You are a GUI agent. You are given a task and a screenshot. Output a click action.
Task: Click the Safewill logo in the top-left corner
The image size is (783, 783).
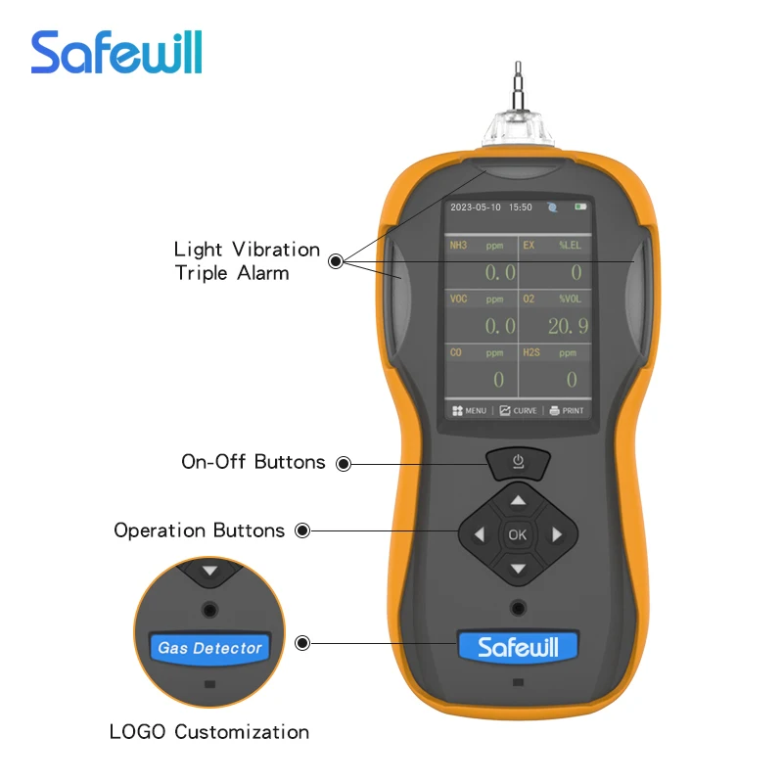tap(116, 53)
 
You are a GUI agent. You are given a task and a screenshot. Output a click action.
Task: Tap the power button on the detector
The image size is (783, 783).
tap(519, 463)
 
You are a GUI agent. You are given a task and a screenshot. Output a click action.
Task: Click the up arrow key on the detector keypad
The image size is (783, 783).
tap(519, 500)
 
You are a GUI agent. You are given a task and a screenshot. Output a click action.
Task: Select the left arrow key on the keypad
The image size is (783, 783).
tap(480, 534)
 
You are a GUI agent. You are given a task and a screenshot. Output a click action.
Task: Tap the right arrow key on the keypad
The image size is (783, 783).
tap(557, 534)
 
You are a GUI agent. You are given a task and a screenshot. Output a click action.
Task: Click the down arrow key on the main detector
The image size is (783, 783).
tap(519, 569)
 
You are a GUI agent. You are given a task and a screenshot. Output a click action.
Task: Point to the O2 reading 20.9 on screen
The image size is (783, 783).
tap(569, 327)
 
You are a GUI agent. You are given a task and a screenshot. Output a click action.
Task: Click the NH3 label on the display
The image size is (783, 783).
tap(458, 246)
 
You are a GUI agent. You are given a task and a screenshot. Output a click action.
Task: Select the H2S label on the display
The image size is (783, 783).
tap(531, 352)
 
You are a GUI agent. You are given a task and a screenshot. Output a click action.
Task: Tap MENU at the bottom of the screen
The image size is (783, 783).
tap(469, 410)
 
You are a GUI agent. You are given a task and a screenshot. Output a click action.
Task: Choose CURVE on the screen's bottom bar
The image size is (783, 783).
tap(519, 410)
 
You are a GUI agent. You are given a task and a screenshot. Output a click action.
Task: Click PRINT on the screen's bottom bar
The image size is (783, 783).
tap(567, 410)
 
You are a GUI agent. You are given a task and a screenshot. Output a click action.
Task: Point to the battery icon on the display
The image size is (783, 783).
tap(580, 207)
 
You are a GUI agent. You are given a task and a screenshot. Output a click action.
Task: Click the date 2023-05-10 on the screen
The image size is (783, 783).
tap(476, 207)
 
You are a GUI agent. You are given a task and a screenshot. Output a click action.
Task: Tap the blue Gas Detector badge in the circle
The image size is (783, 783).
tap(209, 648)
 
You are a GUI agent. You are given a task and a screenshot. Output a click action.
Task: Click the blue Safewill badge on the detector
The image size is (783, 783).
tap(519, 647)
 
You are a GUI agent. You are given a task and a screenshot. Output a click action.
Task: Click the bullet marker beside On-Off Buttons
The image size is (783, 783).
tap(344, 464)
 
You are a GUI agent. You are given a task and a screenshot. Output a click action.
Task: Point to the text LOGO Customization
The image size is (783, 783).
tap(209, 732)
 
